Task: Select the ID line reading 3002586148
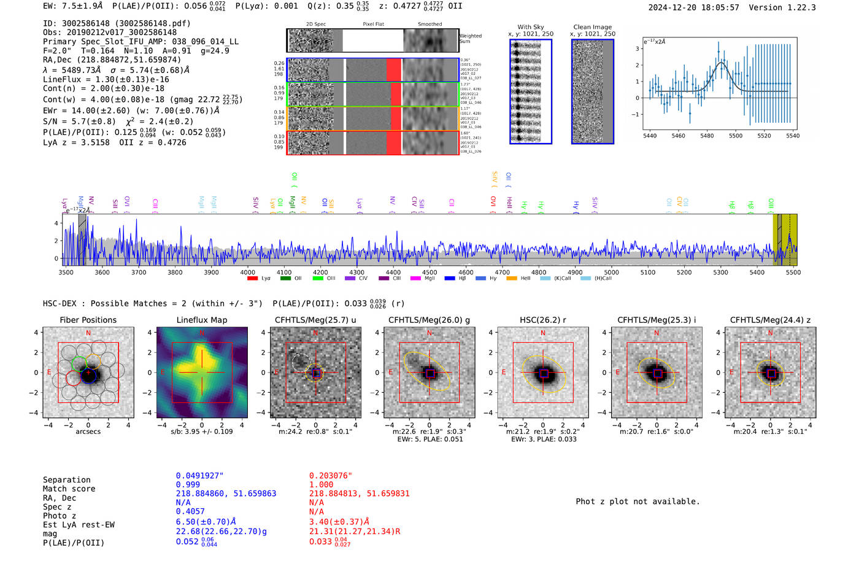pyautogui.click(x=117, y=23)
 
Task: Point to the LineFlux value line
pyautogui.click(x=106, y=79)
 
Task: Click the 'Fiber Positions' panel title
pyautogui.click(x=88, y=320)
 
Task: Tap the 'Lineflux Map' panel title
pyautogui.click(x=201, y=320)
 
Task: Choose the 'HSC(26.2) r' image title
pyautogui.click(x=542, y=320)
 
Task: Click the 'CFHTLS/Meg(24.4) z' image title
pyautogui.click(x=770, y=320)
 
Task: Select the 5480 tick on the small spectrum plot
pyautogui.click(x=707, y=136)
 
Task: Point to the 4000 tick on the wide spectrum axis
pyautogui.click(x=247, y=272)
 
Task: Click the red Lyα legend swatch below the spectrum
pyautogui.click(x=252, y=279)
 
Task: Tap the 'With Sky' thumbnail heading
pyautogui.click(x=530, y=27)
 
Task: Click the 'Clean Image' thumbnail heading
pyautogui.click(x=592, y=27)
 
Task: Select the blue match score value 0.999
pyautogui.click(x=188, y=484)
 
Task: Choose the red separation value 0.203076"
pyautogui.click(x=331, y=476)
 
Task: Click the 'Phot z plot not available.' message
pyautogui.click(x=638, y=502)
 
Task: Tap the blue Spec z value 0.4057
pyautogui.click(x=190, y=511)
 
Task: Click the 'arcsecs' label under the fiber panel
pyautogui.click(x=88, y=432)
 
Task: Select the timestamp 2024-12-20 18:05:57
pyautogui.click(x=693, y=7)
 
